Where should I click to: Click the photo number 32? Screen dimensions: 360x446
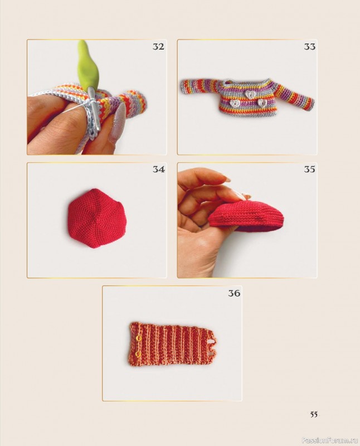[158, 46]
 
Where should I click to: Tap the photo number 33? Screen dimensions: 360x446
[310, 46]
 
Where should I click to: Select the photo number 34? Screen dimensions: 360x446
[158, 169]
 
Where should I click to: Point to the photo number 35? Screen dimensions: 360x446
[310, 169]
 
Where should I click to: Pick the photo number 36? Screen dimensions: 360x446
[234, 293]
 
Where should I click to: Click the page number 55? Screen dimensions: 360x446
[314, 414]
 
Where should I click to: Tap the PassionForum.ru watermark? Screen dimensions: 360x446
[330, 440]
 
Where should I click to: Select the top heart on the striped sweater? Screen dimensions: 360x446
[250, 95]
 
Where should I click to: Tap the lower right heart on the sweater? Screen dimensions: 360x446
[262, 103]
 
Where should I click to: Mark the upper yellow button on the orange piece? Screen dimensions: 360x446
[139, 338]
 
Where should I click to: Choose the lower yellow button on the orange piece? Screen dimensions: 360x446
[139, 354]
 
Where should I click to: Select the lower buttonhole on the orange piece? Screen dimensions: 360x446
[212, 353]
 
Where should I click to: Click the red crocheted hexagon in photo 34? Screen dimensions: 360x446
[94, 217]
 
